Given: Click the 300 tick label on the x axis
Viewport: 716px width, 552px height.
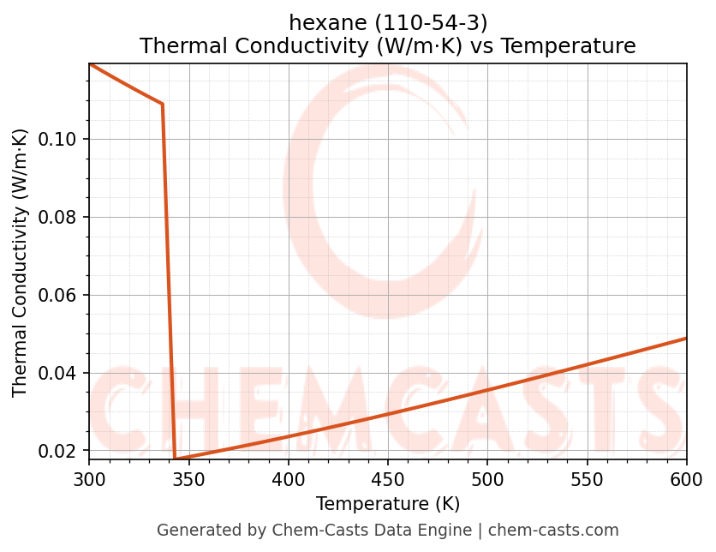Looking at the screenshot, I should tap(89, 479).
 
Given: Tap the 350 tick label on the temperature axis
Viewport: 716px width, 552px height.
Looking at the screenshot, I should tap(188, 479).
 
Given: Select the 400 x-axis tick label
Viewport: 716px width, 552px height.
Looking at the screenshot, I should tap(289, 479).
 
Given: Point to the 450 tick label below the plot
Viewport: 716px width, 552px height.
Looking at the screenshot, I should tap(388, 479).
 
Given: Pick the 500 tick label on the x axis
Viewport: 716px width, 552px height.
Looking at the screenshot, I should tap(487, 479).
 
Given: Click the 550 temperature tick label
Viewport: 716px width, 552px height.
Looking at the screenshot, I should tap(588, 479).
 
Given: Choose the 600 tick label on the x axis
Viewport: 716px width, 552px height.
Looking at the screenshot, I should tap(687, 479).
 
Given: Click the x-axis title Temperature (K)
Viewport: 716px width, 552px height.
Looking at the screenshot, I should tap(388, 503).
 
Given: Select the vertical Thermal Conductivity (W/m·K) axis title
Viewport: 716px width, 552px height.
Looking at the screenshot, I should tap(21, 262).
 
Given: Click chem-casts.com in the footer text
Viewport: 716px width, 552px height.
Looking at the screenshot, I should tap(553, 531).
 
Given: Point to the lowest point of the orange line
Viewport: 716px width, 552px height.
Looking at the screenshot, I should tap(176, 459).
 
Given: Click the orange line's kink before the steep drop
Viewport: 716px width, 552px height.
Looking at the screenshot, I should tap(163, 105).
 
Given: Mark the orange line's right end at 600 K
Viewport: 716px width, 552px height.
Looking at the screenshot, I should tap(687, 338).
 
